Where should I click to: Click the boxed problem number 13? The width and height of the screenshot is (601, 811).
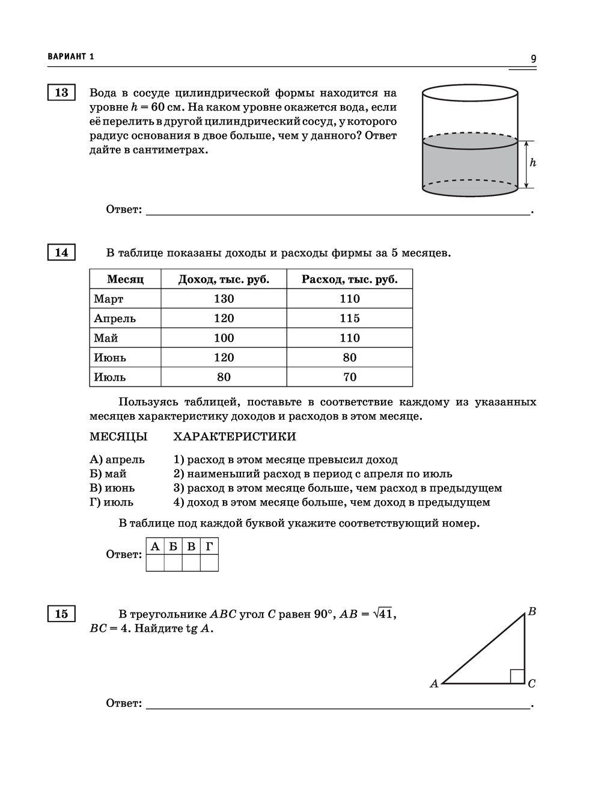click(x=61, y=93)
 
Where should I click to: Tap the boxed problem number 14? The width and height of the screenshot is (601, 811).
click(x=61, y=252)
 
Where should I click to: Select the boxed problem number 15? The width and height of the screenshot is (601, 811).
click(x=61, y=614)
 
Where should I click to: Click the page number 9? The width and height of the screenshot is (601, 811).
click(x=533, y=58)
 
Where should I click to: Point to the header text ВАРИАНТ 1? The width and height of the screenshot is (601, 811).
click(x=71, y=57)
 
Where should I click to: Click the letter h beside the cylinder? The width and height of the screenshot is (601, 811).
click(x=532, y=163)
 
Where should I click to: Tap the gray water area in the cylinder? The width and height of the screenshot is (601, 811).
click(x=470, y=165)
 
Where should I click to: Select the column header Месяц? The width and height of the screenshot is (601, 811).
click(x=125, y=280)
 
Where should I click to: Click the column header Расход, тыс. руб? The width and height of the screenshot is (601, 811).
click(x=349, y=280)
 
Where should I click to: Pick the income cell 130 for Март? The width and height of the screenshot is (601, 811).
click(x=224, y=299)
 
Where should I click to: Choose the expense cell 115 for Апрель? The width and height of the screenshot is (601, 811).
click(x=349, y=319)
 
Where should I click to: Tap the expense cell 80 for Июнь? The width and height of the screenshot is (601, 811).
click(x=349, y=358)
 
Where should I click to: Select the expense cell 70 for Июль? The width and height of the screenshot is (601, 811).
click(x=349, y=377)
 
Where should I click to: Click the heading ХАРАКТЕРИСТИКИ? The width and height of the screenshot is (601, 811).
click(x=234, y=436)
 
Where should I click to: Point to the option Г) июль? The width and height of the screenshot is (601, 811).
click(x=112, y=502)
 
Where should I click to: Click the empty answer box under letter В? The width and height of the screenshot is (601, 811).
click(x=191, y=563)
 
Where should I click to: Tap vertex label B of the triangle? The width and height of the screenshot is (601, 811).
click(x=532, y=611)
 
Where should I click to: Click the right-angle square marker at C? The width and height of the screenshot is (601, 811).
click(x=517, y=676)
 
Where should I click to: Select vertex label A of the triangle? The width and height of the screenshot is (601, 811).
click(x=434, y=684)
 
